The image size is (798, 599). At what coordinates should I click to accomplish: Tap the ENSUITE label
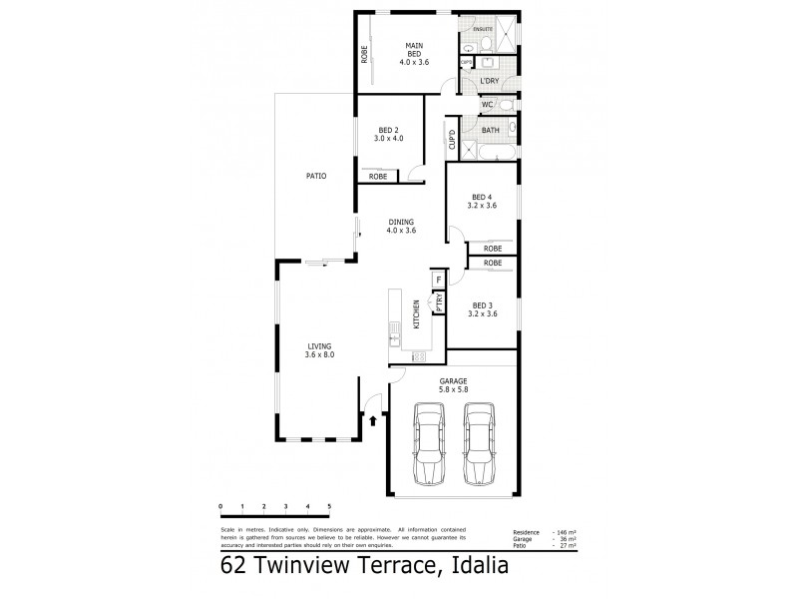pos(484,31)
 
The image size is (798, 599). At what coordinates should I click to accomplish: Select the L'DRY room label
pos(489,80)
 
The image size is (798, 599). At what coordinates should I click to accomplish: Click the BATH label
pos(491,131)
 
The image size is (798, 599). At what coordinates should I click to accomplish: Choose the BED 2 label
pos(389,133)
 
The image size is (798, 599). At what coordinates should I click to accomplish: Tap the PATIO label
pos(316,176)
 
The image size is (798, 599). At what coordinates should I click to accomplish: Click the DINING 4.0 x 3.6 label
pos(401,226)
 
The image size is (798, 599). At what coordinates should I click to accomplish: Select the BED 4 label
pos(482,201)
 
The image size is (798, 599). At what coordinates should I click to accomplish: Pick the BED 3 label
pos(482,309)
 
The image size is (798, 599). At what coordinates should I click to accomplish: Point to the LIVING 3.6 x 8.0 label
pos(319,349)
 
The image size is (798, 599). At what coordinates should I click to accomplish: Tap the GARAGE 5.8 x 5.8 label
pos(453,385)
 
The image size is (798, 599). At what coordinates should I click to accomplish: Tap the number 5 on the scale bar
pos(328,507)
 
